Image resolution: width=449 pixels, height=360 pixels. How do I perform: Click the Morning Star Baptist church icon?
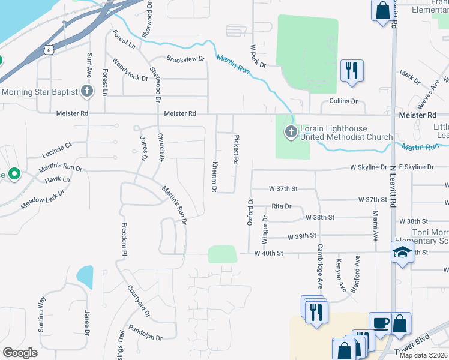87,92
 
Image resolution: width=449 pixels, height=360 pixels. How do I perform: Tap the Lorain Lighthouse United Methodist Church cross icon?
291,131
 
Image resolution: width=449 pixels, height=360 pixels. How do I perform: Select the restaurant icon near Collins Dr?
351,70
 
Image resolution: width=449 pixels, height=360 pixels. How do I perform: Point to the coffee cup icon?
379,323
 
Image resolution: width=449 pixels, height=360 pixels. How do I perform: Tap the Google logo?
20,353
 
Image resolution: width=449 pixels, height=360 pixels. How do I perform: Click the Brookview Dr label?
185,59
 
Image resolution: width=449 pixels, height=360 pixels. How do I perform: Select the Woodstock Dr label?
130,70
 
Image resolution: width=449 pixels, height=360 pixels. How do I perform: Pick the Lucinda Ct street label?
56,145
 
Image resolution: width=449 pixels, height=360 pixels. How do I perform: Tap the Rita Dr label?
281,206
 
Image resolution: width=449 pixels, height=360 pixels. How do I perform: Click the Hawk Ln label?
58,179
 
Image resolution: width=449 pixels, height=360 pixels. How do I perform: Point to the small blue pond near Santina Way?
85,277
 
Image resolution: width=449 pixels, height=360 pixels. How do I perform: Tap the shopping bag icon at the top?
382,11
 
